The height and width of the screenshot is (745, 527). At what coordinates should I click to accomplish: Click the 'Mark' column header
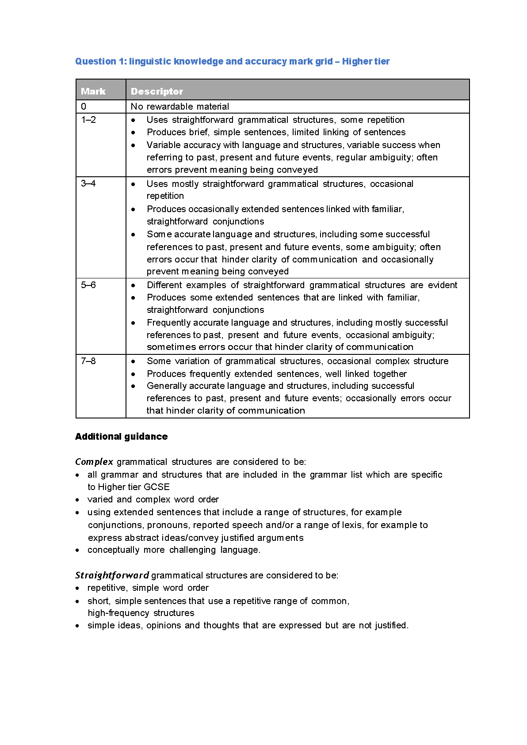[93, 91]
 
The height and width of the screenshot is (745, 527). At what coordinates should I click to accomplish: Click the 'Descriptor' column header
[157, 91]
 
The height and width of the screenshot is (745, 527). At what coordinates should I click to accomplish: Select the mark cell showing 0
[84, 106]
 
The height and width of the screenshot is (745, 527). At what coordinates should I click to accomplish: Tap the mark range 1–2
[88, 120]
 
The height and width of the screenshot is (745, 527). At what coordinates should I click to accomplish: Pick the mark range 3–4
[88, 183]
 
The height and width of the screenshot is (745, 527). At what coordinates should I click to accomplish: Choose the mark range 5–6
[88, 285]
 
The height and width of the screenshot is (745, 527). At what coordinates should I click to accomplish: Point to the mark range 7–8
[88, 361]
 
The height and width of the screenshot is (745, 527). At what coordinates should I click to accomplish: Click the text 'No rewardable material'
[180, 106]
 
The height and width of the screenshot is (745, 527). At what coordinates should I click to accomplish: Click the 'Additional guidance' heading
[121, 437]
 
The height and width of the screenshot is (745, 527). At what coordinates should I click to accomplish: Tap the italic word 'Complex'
[94, 462]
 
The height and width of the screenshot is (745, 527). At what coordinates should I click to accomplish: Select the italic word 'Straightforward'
[112, 575]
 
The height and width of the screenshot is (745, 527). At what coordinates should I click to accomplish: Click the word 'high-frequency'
[118, 613]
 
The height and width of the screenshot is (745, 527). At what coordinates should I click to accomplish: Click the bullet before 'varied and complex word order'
[77, 500]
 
